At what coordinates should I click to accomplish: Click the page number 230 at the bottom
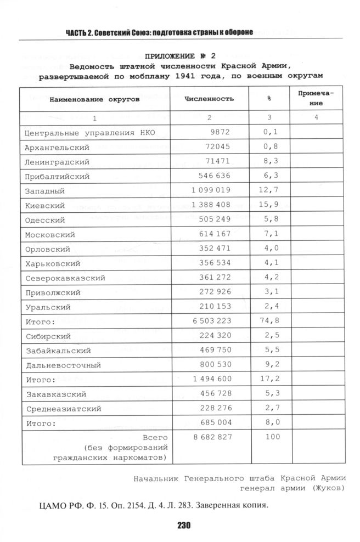183,526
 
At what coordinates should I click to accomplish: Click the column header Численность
209,99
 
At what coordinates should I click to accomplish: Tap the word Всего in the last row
154,437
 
